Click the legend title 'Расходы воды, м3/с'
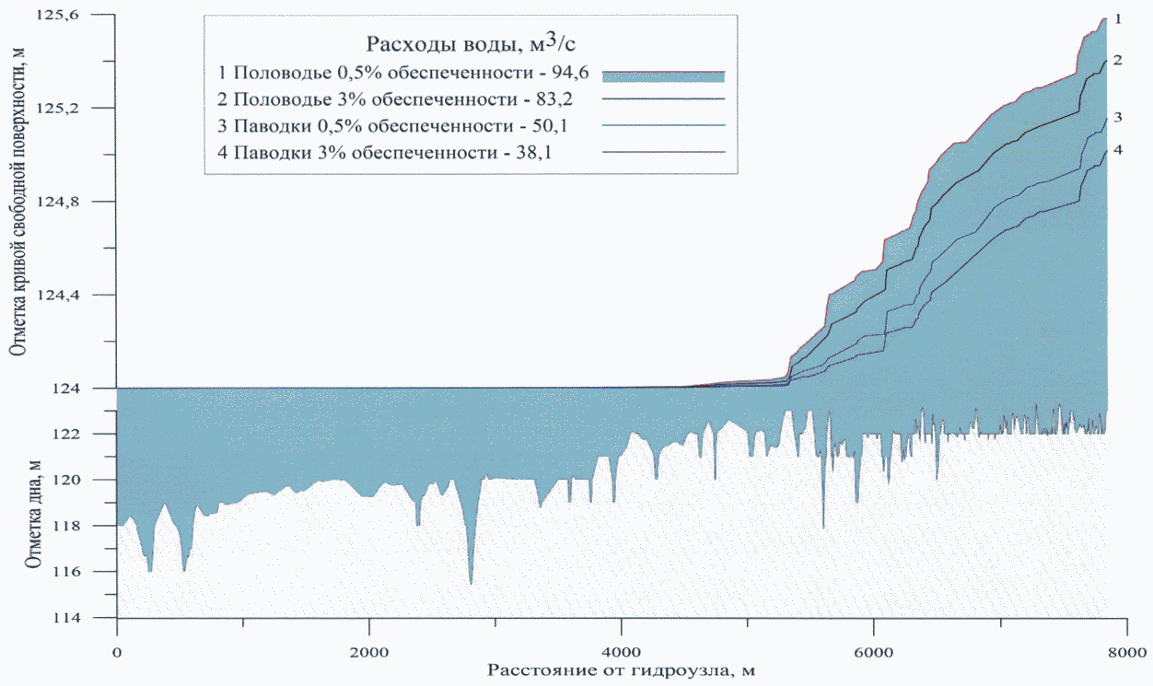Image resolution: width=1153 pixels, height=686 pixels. tap(472, 43)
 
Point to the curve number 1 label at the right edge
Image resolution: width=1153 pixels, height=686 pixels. tap(1117, 18)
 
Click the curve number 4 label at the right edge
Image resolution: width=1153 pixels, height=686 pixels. tap(1117, 149)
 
